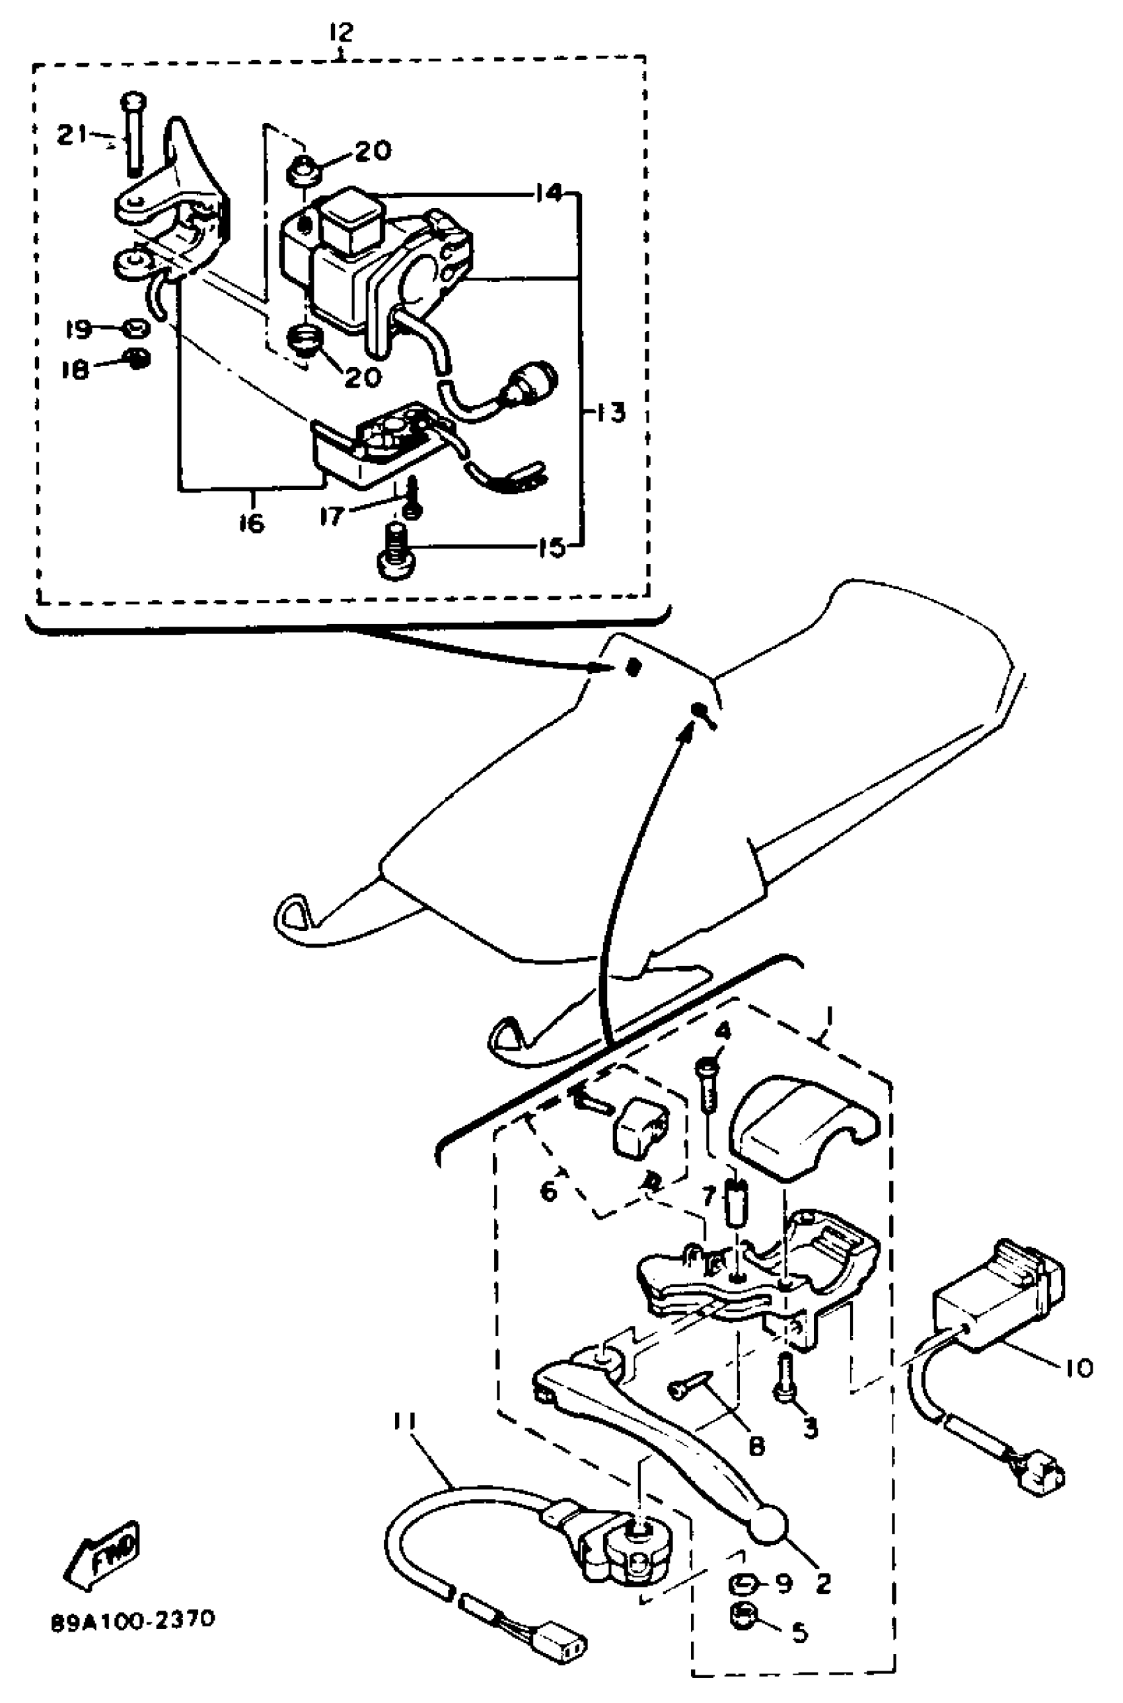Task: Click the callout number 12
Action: pos(342,32)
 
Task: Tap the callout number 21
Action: pos(71,134)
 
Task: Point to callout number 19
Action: pos(78,330)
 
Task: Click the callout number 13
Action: pos(611,413)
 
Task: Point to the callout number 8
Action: pos(756,1445)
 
